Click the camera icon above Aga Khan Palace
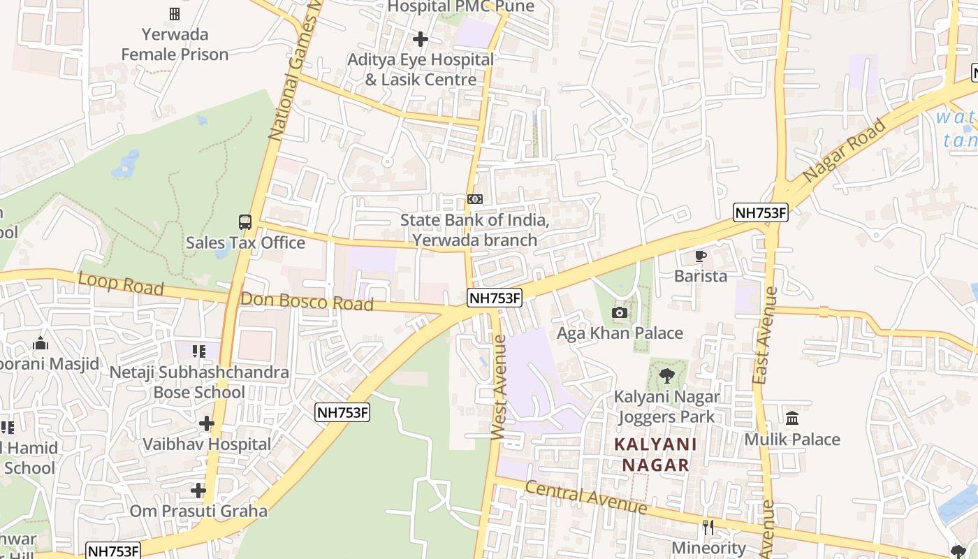pyautogui.click(x=619, y=312)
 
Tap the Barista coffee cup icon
pyautogui.click(x=701, y=256)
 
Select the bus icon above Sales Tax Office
pyautogui.click(x=245, y=222)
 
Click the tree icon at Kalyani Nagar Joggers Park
pyautogui.click(x=667, y=376)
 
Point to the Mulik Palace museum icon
pyautogui.click(x=792, y=419)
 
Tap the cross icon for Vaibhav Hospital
pyautogui.click(x=207, y=423)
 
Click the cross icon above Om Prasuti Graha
pyautogui.click(x=198, y=491)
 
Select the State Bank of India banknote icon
pyautogui.click(x=475, y=199)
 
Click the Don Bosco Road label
pyautogui.click(x=307, y=302)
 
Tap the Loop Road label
pyautogui.click(x=121, y=284)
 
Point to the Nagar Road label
pyautogui.click(x=845, y=152)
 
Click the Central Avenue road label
pyautogui.click(x=585, y=498)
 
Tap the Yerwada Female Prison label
pyautogui.click(x=175, y=44)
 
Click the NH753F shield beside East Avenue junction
pyautogui.click(x=760, y=212)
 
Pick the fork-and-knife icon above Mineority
pyautogui.click(x=708, y=528)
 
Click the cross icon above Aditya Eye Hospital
pyautogui.click(x=421, y=38)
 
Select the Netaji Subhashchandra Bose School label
pyautogui.click(x=199, y=382)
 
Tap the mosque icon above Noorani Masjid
pyautogui.click(x=41, y=343)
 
